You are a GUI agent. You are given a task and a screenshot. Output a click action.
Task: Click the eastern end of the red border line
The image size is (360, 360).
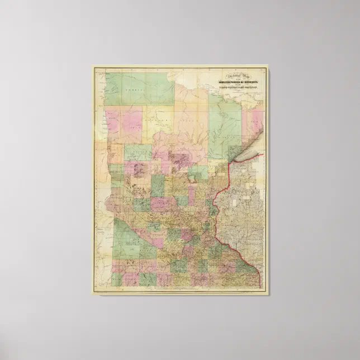pyautogui.click(x=263, y=154)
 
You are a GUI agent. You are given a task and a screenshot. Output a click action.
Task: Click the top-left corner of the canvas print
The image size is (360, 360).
pyautogui.click(x=92, y=65)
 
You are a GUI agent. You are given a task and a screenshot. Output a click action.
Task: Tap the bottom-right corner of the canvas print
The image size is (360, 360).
pyautogui.click(x=269, y=295)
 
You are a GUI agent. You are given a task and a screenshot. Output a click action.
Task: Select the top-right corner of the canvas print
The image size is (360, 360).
pyautogui.click(x=269, y=65)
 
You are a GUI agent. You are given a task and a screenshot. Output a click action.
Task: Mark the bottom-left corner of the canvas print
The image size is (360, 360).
pyautogui.click(x=92, y=295)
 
